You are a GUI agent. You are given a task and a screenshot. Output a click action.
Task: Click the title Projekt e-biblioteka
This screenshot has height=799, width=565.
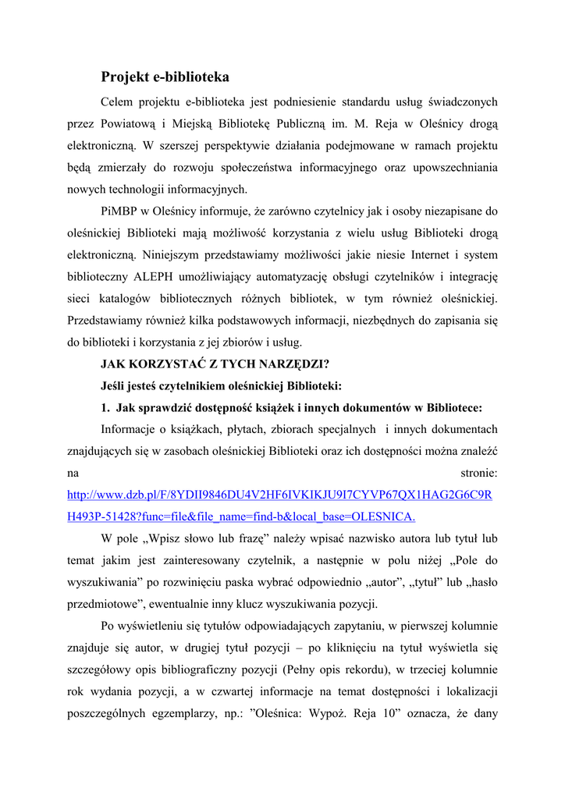click(x=165, y=77)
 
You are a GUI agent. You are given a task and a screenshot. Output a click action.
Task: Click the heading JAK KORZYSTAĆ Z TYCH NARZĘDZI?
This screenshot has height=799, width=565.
click(x=215, y=364)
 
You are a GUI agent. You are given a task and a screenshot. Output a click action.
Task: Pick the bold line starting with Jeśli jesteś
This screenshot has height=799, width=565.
click(x=221, y=385)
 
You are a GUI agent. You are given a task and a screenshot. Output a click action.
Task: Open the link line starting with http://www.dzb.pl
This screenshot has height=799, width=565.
click(x=279, y=495)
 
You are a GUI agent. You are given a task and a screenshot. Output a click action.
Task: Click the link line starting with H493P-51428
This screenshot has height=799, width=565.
click(x=241, y=517)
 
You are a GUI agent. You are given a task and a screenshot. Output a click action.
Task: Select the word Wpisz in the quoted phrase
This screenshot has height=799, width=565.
click(x=172, y=538)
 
